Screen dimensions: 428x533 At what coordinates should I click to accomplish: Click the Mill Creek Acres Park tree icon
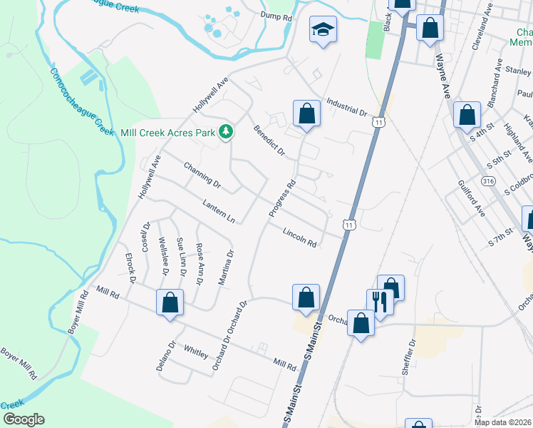coord(226,131)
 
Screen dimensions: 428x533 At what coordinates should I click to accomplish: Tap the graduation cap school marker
coord(323,30)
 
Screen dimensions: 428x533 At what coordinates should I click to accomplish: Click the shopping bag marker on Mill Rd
coord(170,302)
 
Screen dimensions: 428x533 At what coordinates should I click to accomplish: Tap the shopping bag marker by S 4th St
coord(467,115)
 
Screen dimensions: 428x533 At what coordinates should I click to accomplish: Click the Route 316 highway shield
coord(488,182)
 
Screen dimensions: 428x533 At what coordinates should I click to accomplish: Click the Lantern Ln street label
coord(218,210)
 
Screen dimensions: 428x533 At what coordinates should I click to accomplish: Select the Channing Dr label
coord(202,176)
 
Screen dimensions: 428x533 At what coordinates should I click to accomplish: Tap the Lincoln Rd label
coord(299,237)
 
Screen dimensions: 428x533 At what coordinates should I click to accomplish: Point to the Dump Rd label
coord(257,16)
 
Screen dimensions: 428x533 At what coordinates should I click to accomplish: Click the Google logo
coord(23,419)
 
